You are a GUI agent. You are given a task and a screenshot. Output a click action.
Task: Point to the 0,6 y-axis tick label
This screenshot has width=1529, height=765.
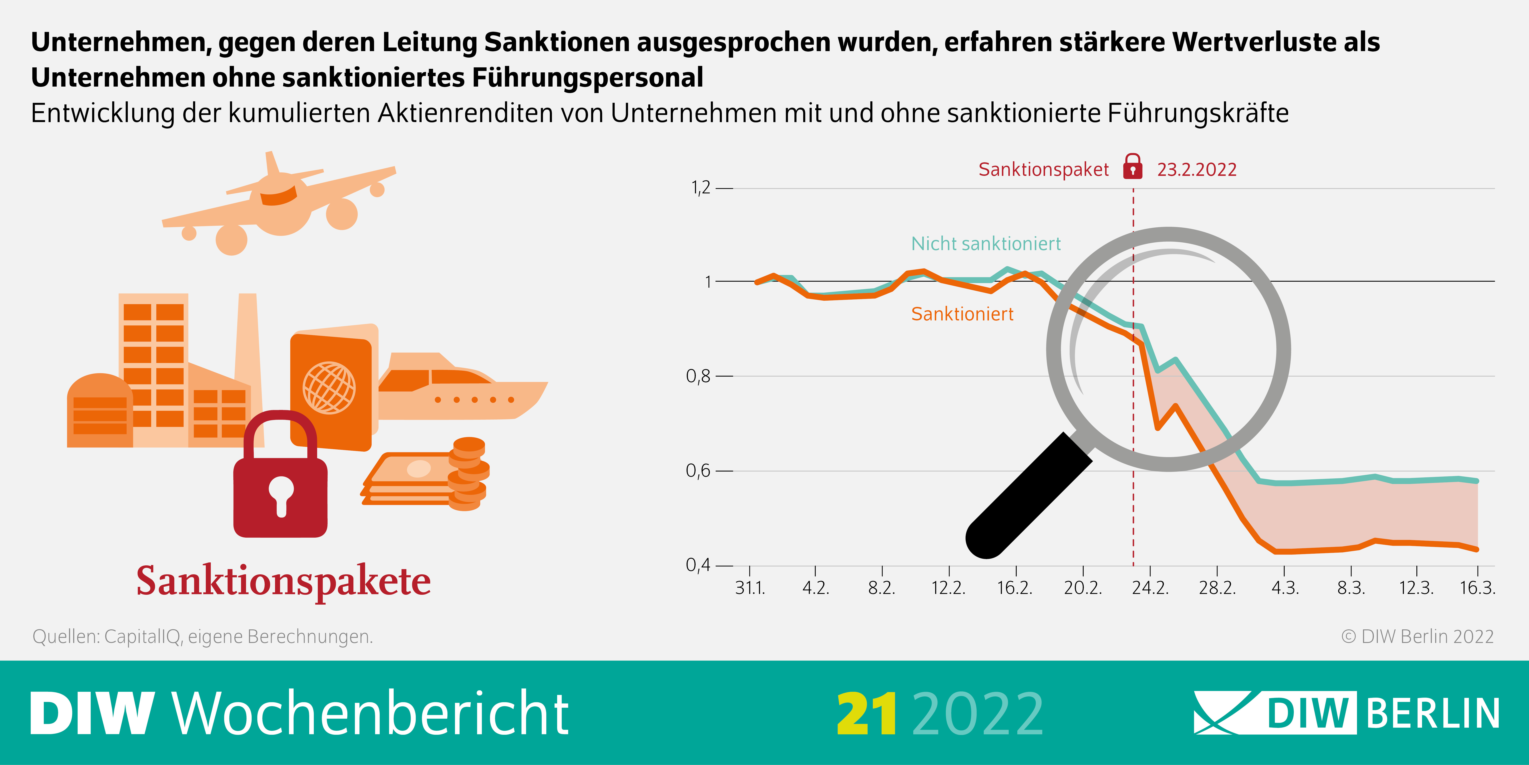click(698, 471)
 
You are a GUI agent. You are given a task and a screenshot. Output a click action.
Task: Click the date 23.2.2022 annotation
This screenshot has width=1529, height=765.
click(1197, 170)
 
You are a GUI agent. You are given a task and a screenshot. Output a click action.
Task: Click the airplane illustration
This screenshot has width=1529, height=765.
click(279, 202)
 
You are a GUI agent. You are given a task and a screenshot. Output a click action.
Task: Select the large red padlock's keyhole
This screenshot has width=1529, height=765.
click(281, 494)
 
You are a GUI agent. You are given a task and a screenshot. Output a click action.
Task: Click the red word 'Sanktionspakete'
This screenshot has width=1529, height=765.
click(284, 581)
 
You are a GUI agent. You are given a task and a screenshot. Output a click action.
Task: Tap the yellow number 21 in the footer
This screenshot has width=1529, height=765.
click(867, 714)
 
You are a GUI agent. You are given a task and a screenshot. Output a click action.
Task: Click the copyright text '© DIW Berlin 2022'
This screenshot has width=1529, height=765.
click(1417, 637)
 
